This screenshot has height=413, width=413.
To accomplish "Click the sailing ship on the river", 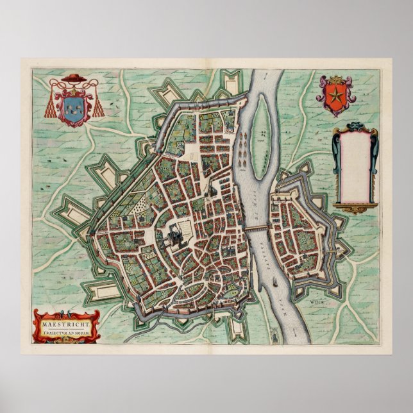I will [273, 282].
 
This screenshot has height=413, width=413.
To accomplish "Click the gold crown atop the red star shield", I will [334, 80].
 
